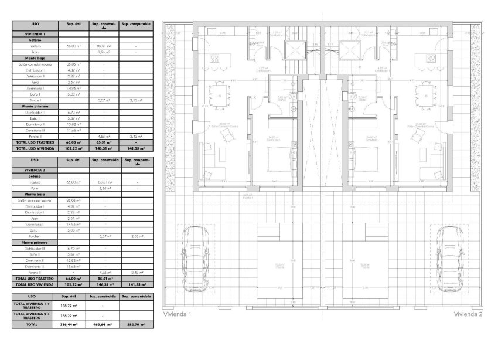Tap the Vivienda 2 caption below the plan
click(x=468, y=314)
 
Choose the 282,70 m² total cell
click(x=137, y=324)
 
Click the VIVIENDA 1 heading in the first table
click(x=35, y=34)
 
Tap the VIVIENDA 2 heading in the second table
click(x=35, y=169)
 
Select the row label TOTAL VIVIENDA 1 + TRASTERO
click(x=35, y=305)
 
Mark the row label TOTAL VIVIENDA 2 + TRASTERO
click(x=35, y=315)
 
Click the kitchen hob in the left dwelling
click(x=214, y=58)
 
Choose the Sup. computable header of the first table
click(x=137, y=25)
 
